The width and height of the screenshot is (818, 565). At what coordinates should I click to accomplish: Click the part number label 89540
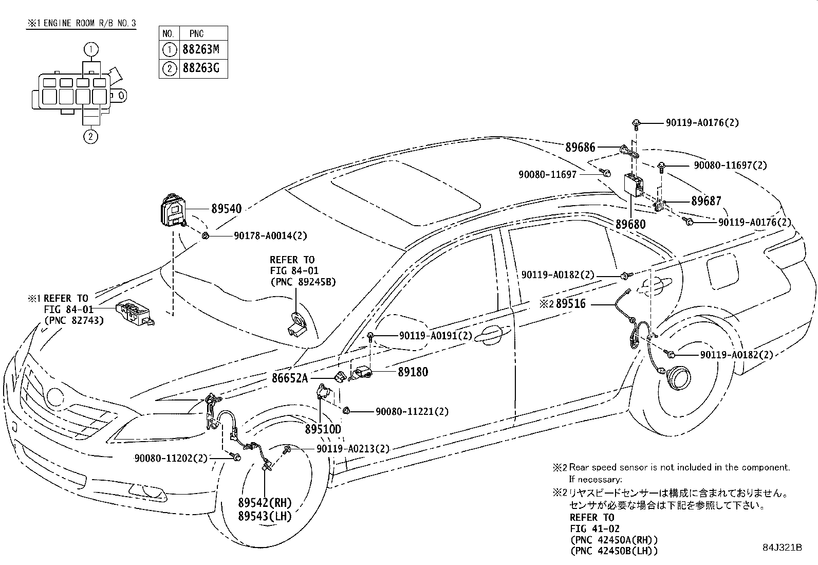coord(227,209)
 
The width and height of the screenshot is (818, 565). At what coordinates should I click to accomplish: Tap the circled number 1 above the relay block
coord(91,49)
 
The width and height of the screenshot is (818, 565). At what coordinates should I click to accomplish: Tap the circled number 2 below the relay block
coord(90,137)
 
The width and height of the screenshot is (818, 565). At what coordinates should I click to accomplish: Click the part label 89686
coord(580,147)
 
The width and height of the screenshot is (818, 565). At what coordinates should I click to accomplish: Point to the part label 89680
coord(630,224)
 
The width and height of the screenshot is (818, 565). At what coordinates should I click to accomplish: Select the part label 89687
coord(707,201)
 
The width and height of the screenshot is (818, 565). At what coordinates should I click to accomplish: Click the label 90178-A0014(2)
coord(271,236)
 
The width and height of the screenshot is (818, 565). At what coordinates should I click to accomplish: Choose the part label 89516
coord(571,304)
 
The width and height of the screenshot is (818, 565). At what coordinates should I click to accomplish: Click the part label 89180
coord(413,372)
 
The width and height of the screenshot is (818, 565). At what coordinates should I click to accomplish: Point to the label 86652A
coord(290,378)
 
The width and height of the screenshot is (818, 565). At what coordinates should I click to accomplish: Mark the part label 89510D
coord(323,429)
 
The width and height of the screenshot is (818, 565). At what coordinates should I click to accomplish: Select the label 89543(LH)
coord(265,516)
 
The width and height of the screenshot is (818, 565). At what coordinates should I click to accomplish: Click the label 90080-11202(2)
coord(171,458)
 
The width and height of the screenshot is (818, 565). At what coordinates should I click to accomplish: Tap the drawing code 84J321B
coord(782,548)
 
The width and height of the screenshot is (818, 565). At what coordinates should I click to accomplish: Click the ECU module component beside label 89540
coord(174,210)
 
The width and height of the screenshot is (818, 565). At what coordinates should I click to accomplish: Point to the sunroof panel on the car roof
coord(405,193)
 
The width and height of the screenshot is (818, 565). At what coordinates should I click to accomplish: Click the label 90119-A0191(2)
coord(436,336)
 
